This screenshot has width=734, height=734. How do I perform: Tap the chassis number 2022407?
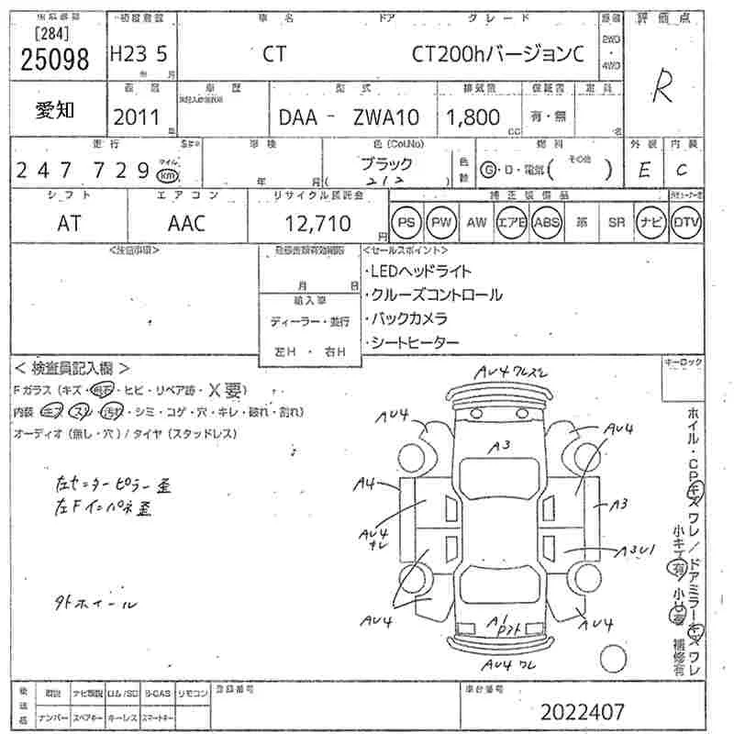(583, 711)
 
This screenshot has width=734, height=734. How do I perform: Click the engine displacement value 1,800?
(473, 117)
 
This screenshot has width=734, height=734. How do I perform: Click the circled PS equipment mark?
(406, 222)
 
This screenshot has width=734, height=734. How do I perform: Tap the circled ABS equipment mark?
(546, 222)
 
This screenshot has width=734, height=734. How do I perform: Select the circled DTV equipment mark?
(685, 222)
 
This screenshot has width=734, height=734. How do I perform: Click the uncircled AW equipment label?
(476, 222)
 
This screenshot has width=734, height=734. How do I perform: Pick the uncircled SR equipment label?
(616, 222)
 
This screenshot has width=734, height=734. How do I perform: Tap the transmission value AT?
(69, 222)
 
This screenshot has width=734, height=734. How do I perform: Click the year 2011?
(136, 117)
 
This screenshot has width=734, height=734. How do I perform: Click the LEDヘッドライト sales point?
(419, 272)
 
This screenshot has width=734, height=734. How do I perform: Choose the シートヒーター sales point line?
(414, 342)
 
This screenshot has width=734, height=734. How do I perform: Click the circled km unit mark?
(167, 174)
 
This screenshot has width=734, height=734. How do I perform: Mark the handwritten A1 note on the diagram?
(498, 619)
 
